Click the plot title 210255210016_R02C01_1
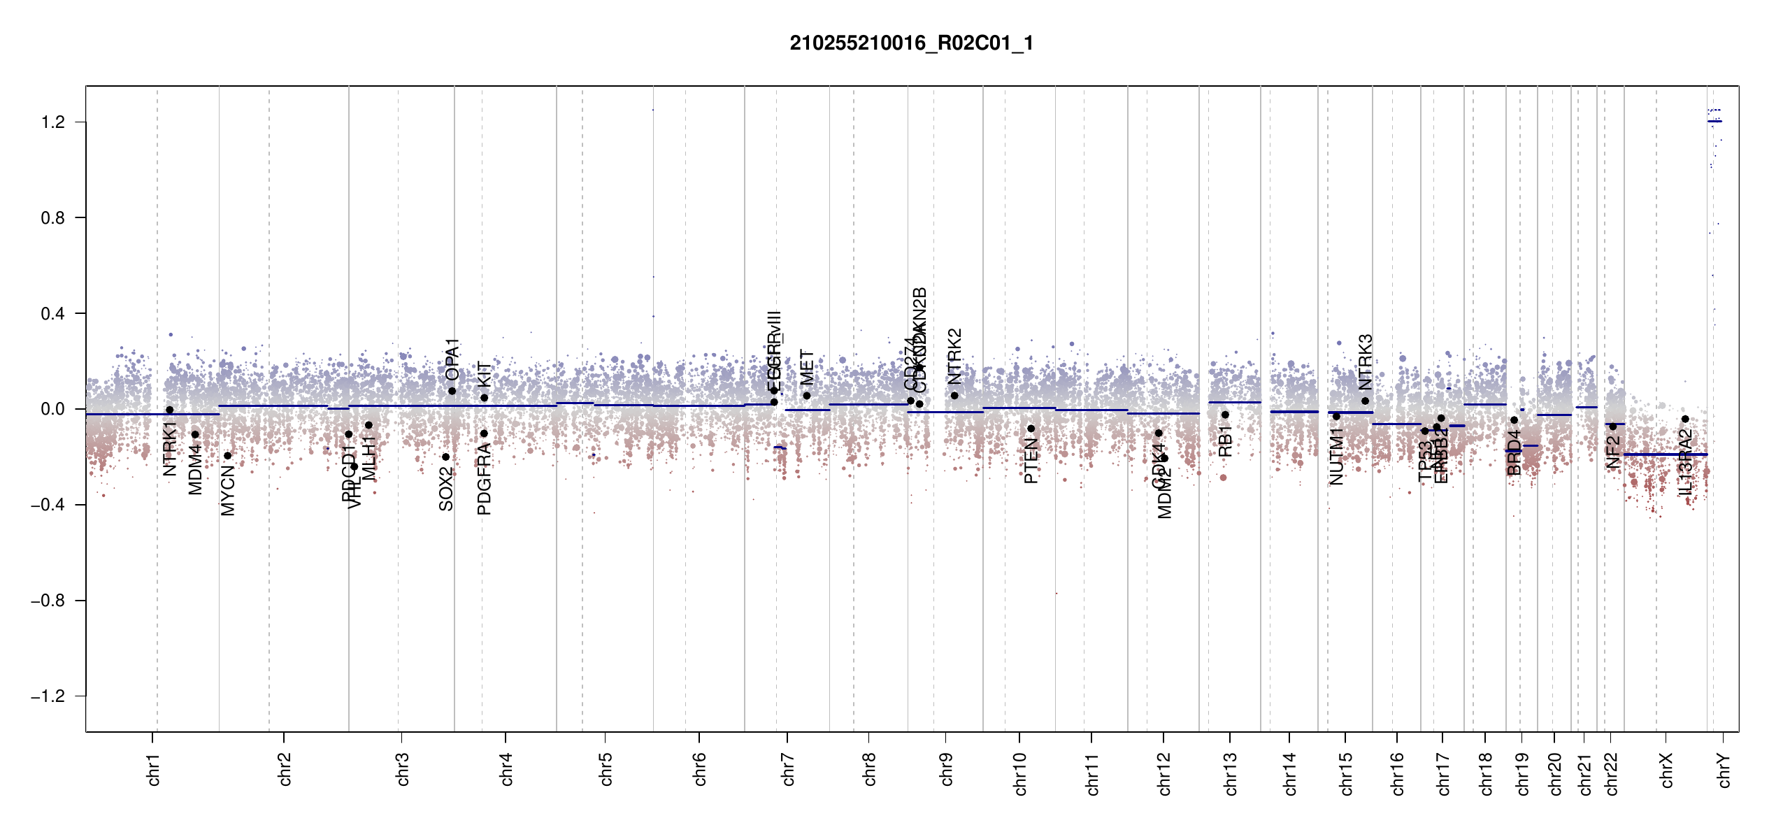[911, 43]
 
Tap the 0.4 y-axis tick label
[53, 314]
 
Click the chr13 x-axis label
[1231, 773]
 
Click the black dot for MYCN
[227, 456]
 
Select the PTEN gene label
[1031, 461]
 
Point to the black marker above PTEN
[1031, 429]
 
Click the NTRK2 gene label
[955, 357]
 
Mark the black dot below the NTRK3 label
[1365, 401]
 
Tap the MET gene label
[807, 368]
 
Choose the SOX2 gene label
[446, 489]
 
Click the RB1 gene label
[1225, 442]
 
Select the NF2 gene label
[1613, 452]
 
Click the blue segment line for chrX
[1664, 454]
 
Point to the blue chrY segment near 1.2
[1714, 122]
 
